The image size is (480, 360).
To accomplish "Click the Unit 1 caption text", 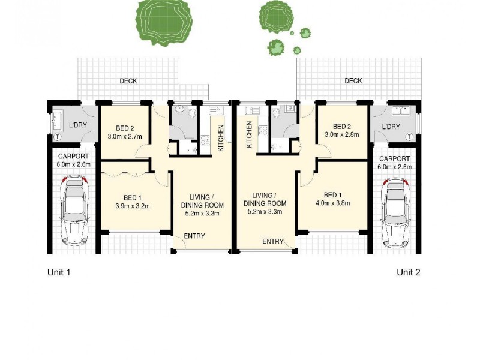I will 59,272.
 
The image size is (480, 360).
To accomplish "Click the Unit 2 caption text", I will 408,272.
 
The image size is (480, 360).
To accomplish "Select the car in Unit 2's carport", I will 395,212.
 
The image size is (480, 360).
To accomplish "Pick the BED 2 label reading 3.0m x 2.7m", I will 124,132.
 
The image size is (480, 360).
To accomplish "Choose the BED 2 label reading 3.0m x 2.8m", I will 341,130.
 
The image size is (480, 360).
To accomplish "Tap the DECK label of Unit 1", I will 128,80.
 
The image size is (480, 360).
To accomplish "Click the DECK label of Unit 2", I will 353,80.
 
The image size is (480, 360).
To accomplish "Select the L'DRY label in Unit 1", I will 78,125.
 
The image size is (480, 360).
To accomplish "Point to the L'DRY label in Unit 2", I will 391,127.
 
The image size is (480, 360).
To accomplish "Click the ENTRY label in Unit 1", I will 194,236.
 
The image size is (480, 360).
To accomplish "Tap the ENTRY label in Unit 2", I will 272,241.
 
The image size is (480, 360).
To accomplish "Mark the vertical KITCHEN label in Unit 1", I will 221,137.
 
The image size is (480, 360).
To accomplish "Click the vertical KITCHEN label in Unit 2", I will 248,134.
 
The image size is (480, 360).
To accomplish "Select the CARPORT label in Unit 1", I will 74,160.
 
